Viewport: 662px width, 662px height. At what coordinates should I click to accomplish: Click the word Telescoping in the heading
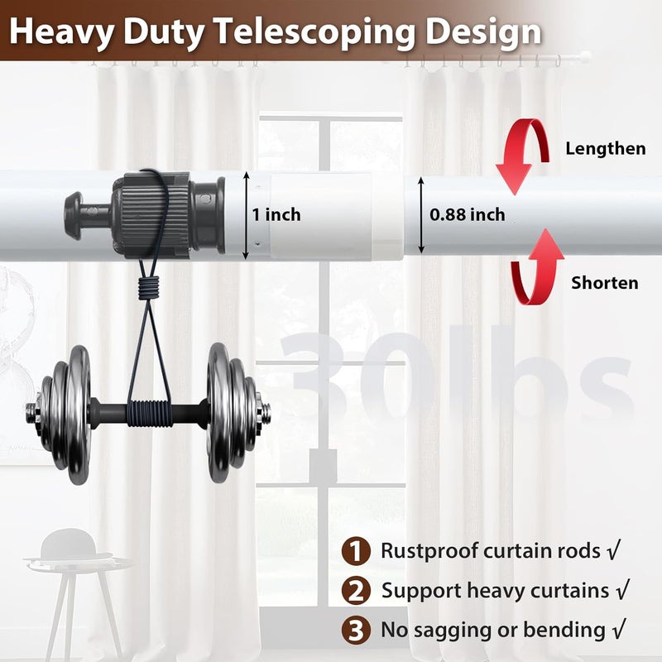tap(314, 33)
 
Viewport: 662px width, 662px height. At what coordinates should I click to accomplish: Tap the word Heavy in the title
tap(61, 33)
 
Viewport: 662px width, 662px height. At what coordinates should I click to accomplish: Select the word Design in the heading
tap(483, 33)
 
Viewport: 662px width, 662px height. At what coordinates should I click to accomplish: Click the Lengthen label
tap(606, 149)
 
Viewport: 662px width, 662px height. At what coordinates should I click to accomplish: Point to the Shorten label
tap(605, 283)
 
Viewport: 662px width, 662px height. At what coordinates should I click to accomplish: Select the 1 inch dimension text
tap(276, 214)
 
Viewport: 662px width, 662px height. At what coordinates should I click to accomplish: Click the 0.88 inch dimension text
tap(467, 214)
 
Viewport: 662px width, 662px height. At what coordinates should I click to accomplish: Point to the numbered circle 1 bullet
tap(356, 550)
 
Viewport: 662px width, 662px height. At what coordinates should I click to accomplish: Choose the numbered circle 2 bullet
tap(356, 590)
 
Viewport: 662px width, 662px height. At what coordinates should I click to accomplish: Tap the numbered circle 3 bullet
tap(356, 630)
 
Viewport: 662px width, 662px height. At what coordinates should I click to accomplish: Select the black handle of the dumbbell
tap(149, 413)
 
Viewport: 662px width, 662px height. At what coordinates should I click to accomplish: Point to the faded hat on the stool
tap(69, 544)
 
